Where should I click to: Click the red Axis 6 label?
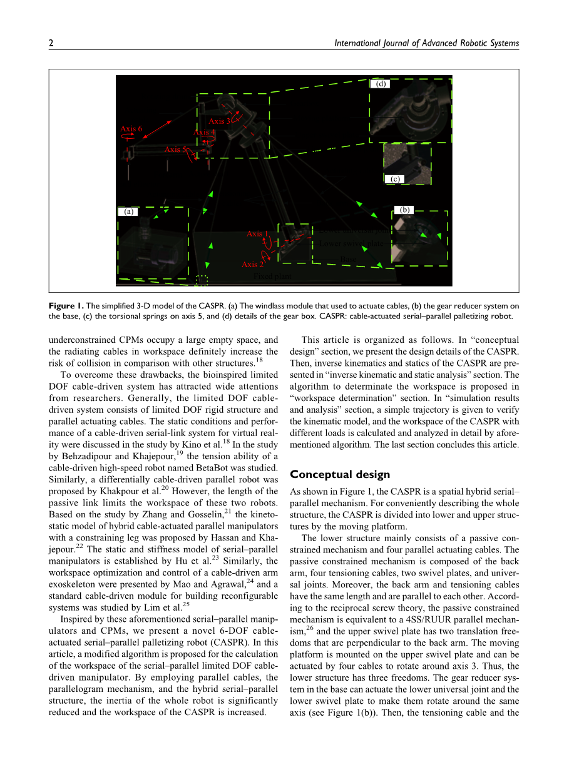click(x=131, y=128)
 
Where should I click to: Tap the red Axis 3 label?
click(x=220, y=121)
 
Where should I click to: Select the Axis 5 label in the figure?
click(x=175, y=150)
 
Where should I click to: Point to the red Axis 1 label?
click(x=257, y=233)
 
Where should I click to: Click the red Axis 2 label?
click(x=252, y=265)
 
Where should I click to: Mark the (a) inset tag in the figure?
click(x=129, y=211)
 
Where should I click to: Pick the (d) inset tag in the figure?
click(x=381, y=83)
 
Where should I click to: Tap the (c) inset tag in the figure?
click(x=395, y=179)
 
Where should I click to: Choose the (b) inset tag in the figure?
click(x=405, y=210)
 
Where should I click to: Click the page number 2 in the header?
click(x=51, y=43)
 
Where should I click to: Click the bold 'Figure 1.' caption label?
click(x=66, y=306)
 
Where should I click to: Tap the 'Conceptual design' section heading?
click(x=339, y=474)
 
